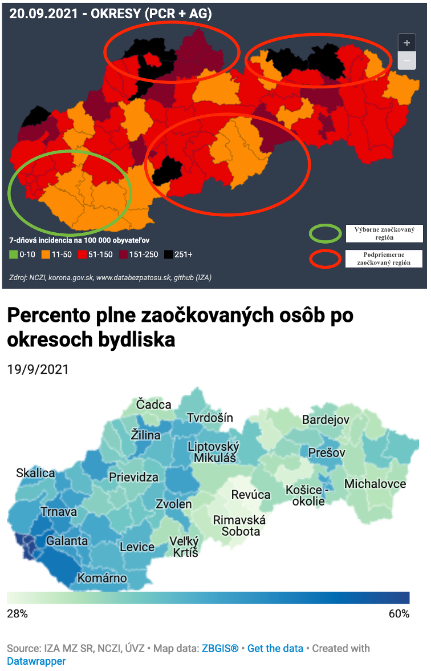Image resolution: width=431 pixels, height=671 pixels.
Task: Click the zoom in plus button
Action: point(406,43)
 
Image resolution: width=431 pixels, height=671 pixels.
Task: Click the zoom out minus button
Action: point(406,60)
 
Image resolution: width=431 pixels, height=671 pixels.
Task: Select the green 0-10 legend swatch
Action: point(14,254)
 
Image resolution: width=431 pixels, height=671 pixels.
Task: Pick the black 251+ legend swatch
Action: point(169,254)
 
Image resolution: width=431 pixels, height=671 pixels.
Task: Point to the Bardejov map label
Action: point(326,420)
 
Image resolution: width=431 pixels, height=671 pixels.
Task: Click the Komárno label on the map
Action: point(102,578)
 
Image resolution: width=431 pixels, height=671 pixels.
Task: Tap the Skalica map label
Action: point(35,473)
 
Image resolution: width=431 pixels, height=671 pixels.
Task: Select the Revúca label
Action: point(250,495)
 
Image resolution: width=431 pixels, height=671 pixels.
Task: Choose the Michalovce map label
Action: point(375,484)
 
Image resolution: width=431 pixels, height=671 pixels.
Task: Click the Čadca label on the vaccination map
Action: point(153,405)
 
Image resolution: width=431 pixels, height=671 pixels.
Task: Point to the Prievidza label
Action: point(133,477)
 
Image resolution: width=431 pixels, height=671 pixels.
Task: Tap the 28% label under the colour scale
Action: point(17,614)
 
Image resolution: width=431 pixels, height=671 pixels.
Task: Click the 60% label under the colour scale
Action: point(399,614)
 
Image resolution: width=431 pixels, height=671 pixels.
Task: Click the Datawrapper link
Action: point(36,661)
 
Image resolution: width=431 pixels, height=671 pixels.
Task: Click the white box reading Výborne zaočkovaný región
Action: point(384,233)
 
